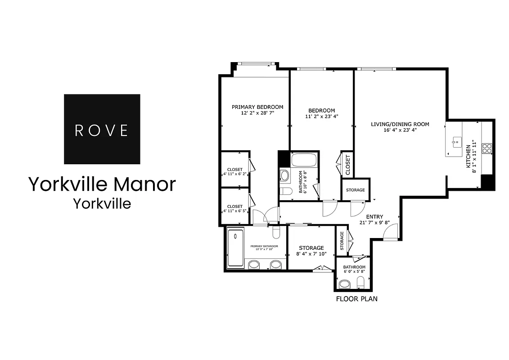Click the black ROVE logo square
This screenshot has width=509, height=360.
pyautogui.click(x=102, y=129)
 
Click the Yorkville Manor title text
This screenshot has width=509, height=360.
pyautogui.click(x=102, y=184)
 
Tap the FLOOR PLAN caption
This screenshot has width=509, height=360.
pyautogui.click(x=356, y=298)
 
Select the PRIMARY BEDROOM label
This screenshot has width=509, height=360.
pyautogui.click(x=257, y=107)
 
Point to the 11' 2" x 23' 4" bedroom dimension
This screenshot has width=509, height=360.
pyautogui.click(x=321, y=116)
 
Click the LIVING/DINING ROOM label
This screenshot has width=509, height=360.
pyautogui.click(x=400, y=124)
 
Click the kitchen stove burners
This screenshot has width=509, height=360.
pyautogui.click(x=486, y=148)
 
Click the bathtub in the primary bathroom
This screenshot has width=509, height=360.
pyautogui.click(x=235, y=248)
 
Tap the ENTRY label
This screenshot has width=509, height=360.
pyautogui.click(x=374, y=216)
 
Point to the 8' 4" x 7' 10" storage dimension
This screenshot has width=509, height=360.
pyautogui.click(x=311, y=254)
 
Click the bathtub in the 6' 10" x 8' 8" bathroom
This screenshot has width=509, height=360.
pyautogui.click(x=304, y=160)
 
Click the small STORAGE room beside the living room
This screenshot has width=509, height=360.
pyautogui.click(x=356, y=190)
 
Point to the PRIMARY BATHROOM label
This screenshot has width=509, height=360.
pyautogui.click(x=264, y=246)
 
